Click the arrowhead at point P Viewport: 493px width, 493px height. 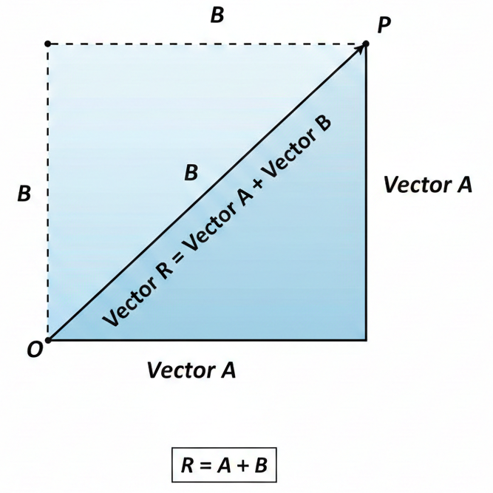click(x=364, y=46)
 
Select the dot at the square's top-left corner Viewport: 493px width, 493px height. click(x=48, y=44)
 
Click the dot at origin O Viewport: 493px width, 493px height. click(x=48, y=340)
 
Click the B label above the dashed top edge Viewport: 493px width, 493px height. click(x=217, y=16)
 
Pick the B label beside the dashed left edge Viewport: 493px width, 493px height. click(x=24, y=194)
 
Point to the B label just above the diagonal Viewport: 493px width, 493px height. click(x=191, y=174)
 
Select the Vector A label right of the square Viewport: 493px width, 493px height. click(x=427, y=185)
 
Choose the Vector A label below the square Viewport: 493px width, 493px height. click(x=191, y=369)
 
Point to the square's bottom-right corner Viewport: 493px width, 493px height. click(x=367, y=340)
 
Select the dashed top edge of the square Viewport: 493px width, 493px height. click(x=207, y=44)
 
